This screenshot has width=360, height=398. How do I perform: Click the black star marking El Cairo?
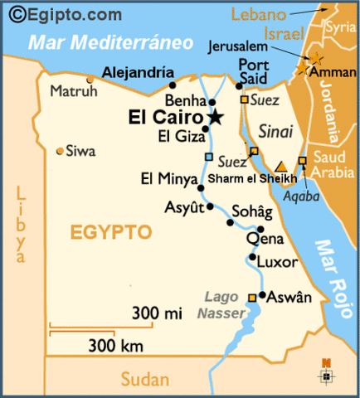pos(216,118)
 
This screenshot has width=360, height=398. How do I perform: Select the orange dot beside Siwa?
pos(60,151)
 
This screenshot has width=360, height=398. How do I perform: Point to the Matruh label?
pos(68,91)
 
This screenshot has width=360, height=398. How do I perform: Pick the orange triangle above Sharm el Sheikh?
pos(281,166)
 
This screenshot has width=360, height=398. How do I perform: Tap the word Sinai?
pos(275,131)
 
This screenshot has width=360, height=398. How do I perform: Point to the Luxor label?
pos(276,262)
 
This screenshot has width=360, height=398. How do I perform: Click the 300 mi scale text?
pos(158,313)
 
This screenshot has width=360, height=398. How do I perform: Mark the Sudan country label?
pos(145,380)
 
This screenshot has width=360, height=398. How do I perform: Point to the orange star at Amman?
pos(316,59)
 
